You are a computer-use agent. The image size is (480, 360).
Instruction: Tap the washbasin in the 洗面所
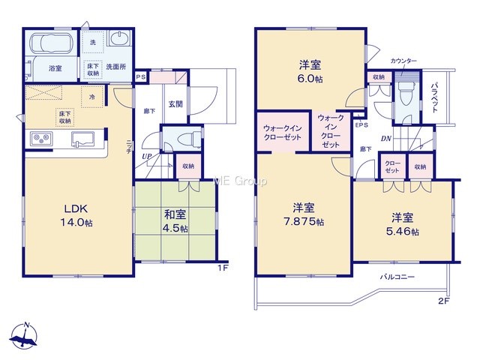pos(120,38)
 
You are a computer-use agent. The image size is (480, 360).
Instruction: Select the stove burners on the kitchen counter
pos(41,138)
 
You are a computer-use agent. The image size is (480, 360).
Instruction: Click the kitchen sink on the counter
pos(83,139)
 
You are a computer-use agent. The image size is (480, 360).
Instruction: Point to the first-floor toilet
pos(185,139)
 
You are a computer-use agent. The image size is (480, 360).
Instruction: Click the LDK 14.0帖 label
pos(76,215)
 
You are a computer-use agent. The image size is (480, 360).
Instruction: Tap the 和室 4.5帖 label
pos(175,221)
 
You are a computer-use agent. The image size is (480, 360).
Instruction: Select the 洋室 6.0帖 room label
pos(310,72)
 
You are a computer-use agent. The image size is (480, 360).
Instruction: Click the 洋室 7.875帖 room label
pos(304,214)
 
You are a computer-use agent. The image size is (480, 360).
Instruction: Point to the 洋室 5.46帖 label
pos(403,224)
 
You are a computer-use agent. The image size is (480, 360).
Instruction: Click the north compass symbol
pos(23,336)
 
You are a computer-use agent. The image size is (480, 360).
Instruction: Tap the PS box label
pos(141,76)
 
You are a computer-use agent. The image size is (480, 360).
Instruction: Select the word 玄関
pos(175,104)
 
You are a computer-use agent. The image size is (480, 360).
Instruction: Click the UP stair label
pos(147,157)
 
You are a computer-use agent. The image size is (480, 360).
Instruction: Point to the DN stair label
pos(386,139)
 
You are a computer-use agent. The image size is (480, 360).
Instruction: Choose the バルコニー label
pos(397,277)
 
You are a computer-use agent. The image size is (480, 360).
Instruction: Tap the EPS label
pos(361,125)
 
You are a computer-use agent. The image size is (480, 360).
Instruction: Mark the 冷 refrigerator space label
pos(91,97)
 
